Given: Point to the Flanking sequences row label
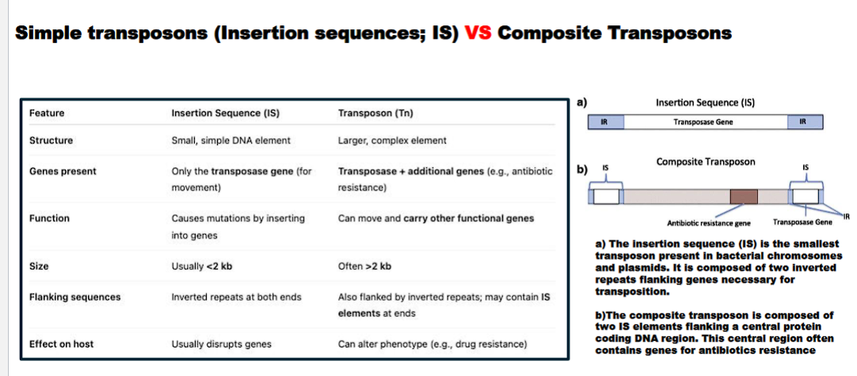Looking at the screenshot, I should (74, 297).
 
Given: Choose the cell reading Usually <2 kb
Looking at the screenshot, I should (201, 266).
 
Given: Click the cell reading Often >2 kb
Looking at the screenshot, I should (364, 266).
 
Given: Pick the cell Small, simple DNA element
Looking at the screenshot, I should (231, 140).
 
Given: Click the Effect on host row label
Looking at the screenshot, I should (61, 344).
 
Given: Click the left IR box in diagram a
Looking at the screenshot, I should (604, 122).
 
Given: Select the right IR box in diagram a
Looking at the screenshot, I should (804, 122).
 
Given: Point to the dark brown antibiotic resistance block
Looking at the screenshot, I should (744, 197).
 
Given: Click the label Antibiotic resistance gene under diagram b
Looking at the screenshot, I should (709, 223).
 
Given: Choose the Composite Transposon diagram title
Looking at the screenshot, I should (706, 161).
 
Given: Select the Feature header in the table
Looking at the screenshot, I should (47, 113).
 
